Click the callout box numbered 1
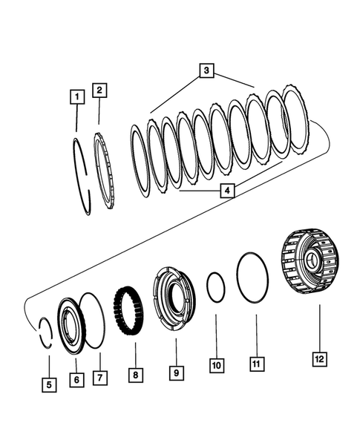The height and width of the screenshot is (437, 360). point(74,96)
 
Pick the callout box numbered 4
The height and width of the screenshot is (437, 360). point(228,191)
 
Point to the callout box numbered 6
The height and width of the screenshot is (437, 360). point(75,378)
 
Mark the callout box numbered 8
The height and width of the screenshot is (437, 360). point(134,375)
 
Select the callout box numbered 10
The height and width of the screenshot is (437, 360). point(216,366)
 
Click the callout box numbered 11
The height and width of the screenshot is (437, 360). point(256,364)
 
